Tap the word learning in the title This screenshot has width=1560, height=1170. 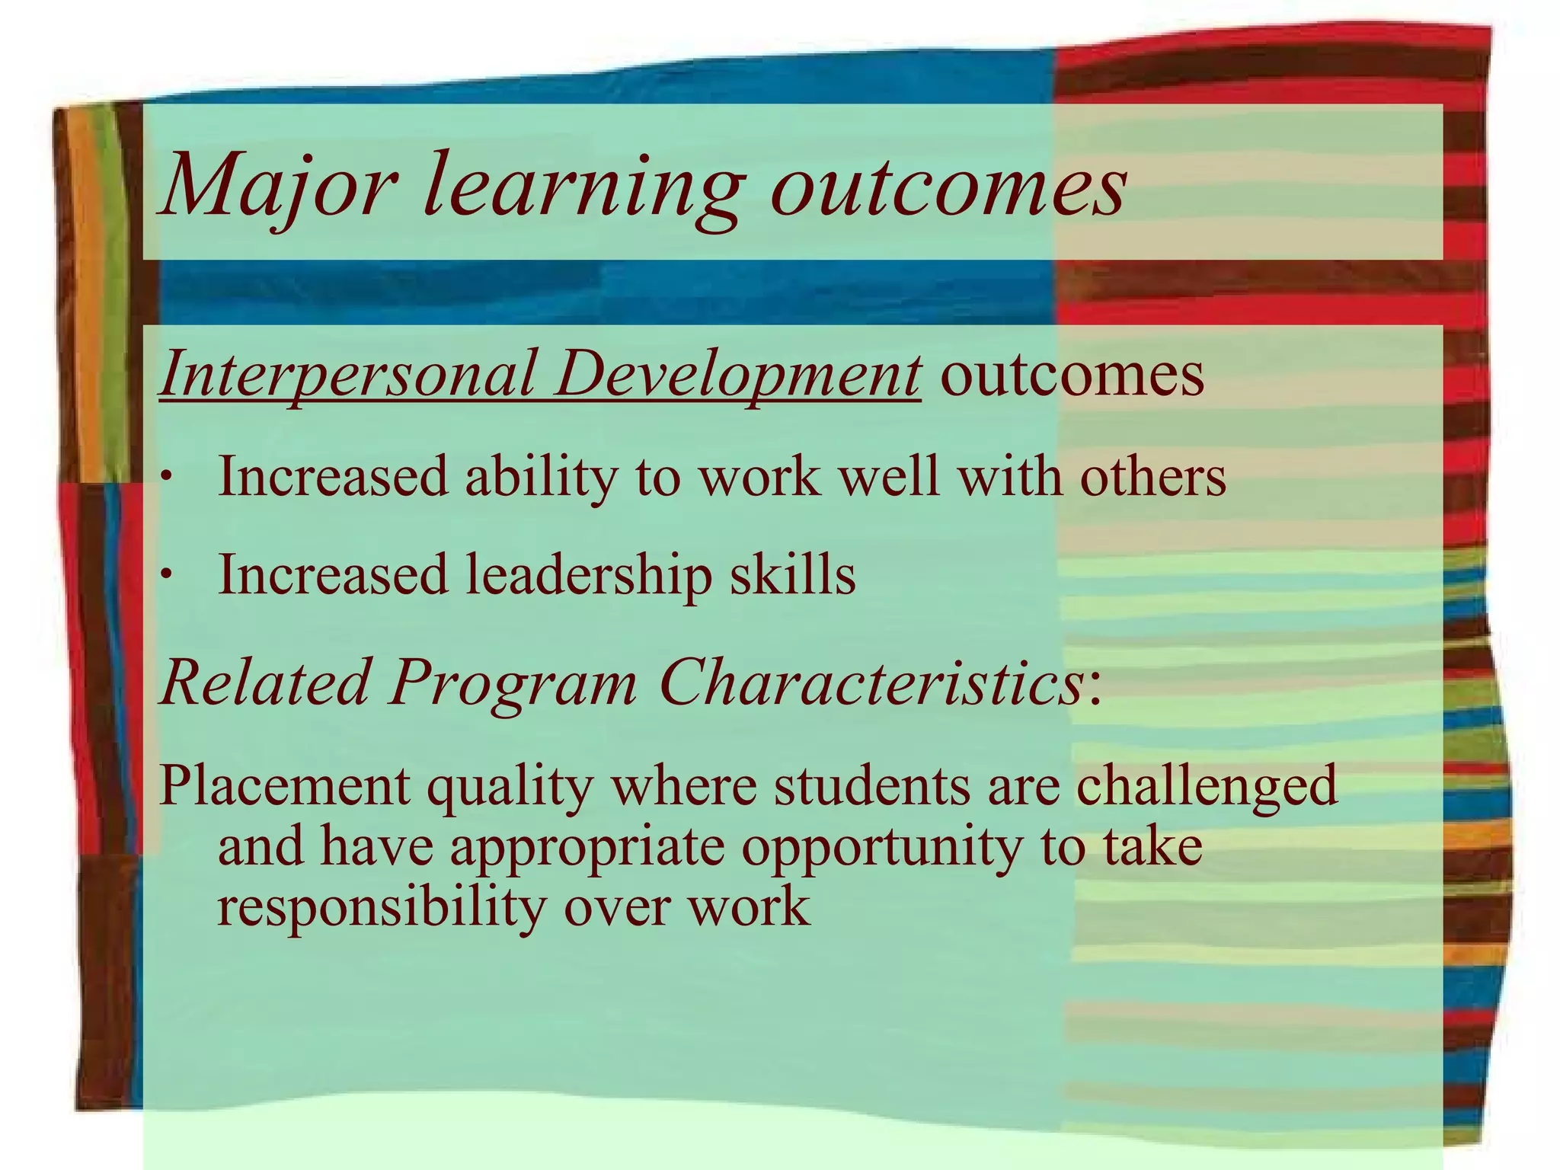[581, 187]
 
